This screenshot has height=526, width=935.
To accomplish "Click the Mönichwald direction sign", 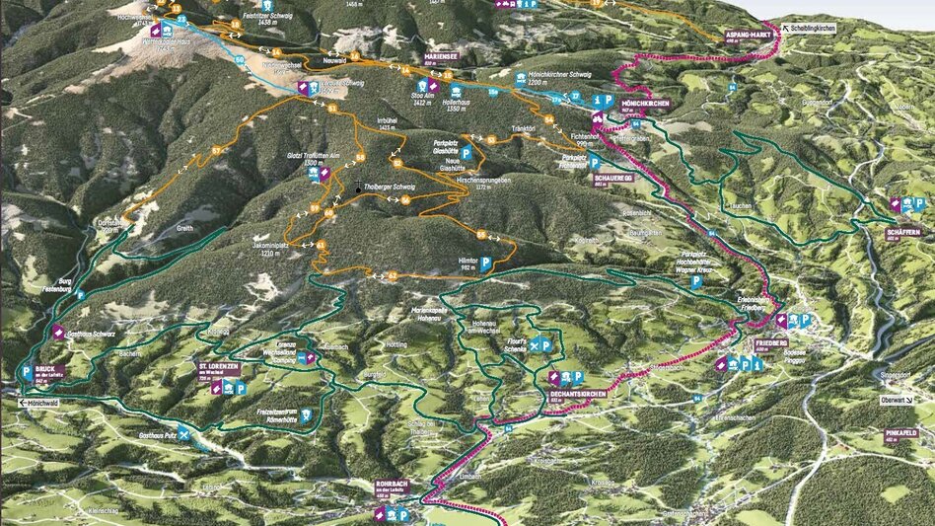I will [x=42, y=404].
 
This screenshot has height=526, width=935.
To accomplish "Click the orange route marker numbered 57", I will [x=215, y=150].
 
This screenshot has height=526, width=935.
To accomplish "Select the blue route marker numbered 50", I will [x=240, y=59].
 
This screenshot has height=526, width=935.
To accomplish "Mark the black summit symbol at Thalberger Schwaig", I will [x=358, y=188].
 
